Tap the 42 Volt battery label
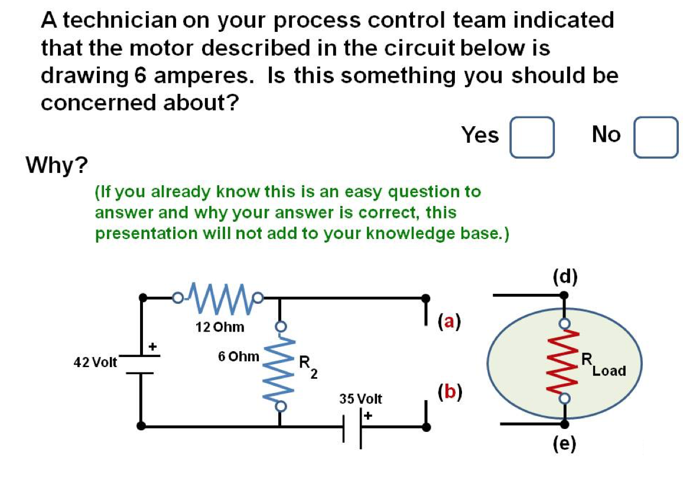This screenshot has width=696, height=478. (95, 361)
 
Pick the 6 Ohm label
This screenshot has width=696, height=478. (238, 356)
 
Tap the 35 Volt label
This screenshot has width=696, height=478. (360, 399)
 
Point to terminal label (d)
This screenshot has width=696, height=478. (565, 276)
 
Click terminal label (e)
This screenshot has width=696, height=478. (565, 443)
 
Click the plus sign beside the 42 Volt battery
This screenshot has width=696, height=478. (152, 346)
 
